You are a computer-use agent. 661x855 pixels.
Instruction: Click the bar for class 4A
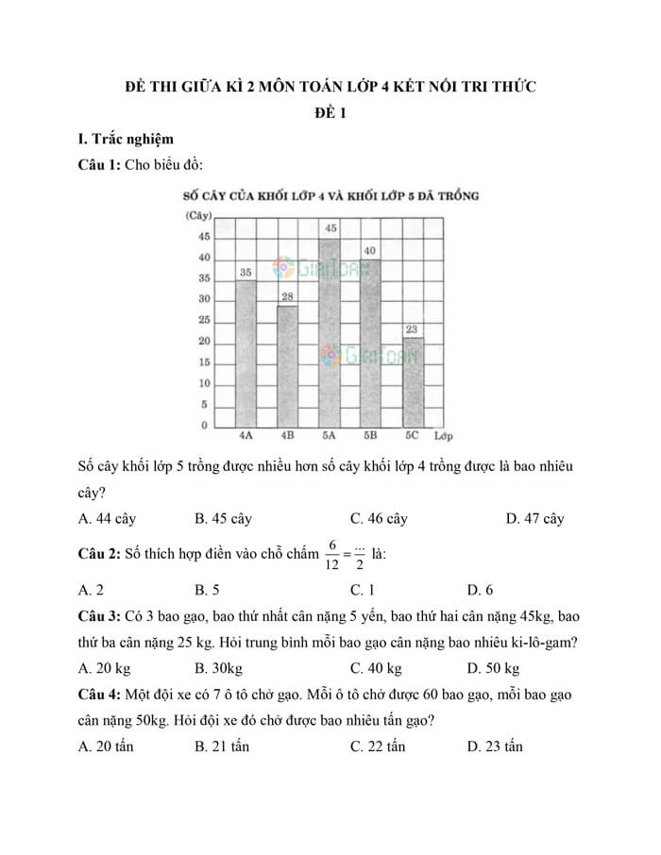tap(246, 354)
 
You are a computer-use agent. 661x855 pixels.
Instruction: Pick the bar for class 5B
tap(370, 344)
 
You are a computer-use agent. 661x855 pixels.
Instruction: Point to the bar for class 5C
tap(411, 382)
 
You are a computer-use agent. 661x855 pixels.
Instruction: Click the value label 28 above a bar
tap(288, 297)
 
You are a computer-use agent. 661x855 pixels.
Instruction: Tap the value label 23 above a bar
tap(412, 329)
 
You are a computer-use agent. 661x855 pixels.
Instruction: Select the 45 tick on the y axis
tap(202, 237)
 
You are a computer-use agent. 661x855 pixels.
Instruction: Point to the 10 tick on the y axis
tap(202, 384)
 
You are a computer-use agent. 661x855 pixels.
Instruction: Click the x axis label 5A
tap(330, 437)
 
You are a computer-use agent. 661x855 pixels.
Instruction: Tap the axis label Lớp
tap(444, 437)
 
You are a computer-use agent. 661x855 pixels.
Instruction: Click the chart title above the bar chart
tap(330, 196)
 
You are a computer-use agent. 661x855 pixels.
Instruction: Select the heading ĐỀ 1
tap(330, 113)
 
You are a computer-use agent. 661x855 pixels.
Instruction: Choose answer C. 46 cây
tap(378, 519)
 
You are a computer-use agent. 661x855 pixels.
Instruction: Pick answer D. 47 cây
tap(534, 519)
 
